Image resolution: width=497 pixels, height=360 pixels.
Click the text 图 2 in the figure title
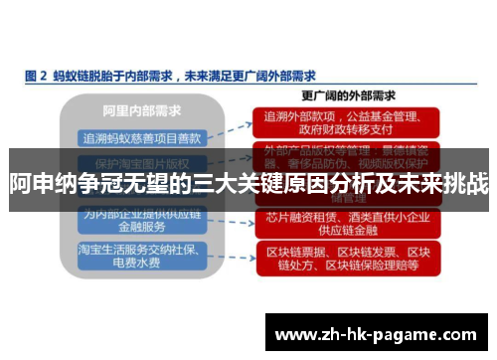tap(35, 75)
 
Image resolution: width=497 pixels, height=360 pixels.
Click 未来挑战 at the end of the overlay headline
tap(448, 183)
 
